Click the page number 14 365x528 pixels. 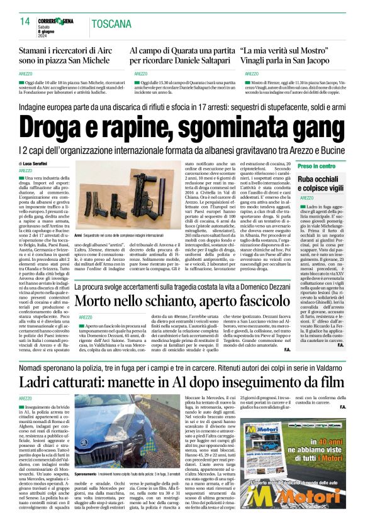25,21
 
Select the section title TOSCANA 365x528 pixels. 112,25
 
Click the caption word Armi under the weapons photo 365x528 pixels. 78,233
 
